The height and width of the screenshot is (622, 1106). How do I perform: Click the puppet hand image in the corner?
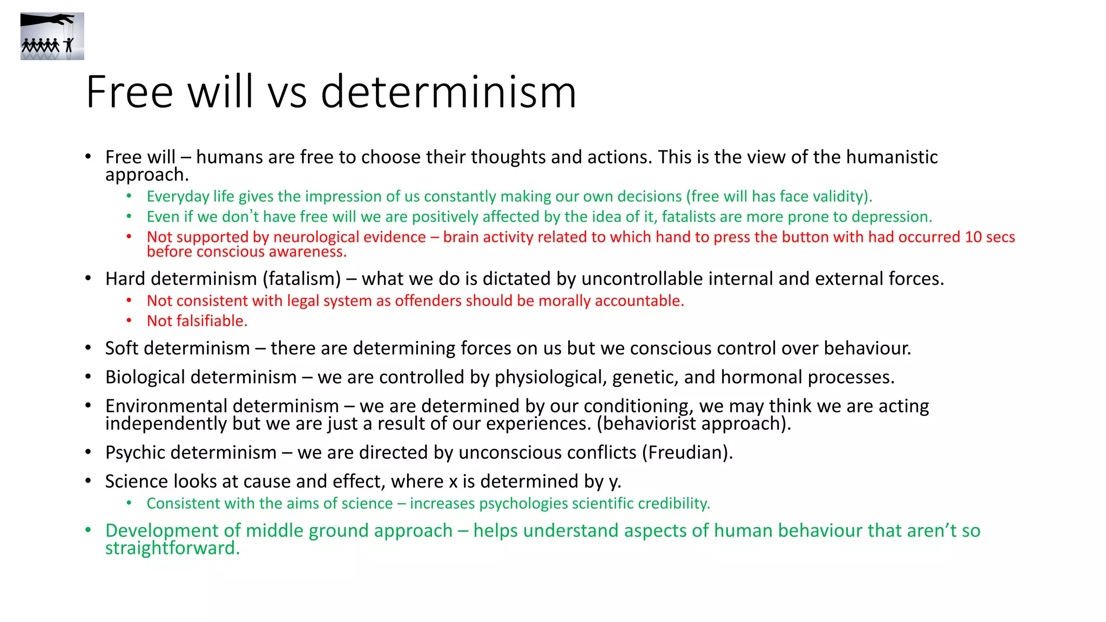point(52,36)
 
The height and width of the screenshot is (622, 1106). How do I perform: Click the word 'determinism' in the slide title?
point(448,92)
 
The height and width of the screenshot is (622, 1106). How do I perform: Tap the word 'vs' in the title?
point(287,92)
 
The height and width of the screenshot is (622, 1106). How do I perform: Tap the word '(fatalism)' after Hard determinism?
point(302,279)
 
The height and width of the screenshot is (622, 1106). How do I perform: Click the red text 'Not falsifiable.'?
point(197,321)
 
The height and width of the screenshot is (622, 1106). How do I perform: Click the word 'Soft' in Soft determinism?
point(122,348)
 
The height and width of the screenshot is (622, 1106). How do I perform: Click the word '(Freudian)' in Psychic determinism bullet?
point(687,452)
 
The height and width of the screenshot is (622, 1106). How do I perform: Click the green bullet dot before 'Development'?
point(88,530)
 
